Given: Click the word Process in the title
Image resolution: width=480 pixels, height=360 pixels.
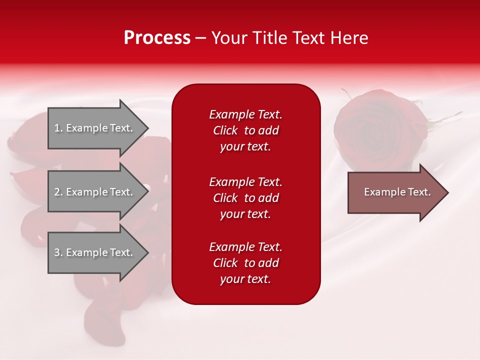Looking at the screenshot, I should (x=157, y=38).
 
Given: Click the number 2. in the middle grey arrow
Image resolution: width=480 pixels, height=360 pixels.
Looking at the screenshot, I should (x=58, y=192).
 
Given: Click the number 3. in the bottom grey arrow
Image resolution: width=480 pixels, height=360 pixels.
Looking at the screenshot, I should (x=58, y=252).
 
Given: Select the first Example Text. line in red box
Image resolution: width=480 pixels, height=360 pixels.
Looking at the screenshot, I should (x=245, y=114).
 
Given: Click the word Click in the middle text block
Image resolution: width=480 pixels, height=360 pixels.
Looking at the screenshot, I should (x=225, y=198).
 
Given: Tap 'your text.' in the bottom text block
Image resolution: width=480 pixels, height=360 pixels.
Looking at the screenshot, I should (x=245, y=279).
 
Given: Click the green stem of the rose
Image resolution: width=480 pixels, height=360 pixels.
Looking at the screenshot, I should (x=445, y=120).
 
